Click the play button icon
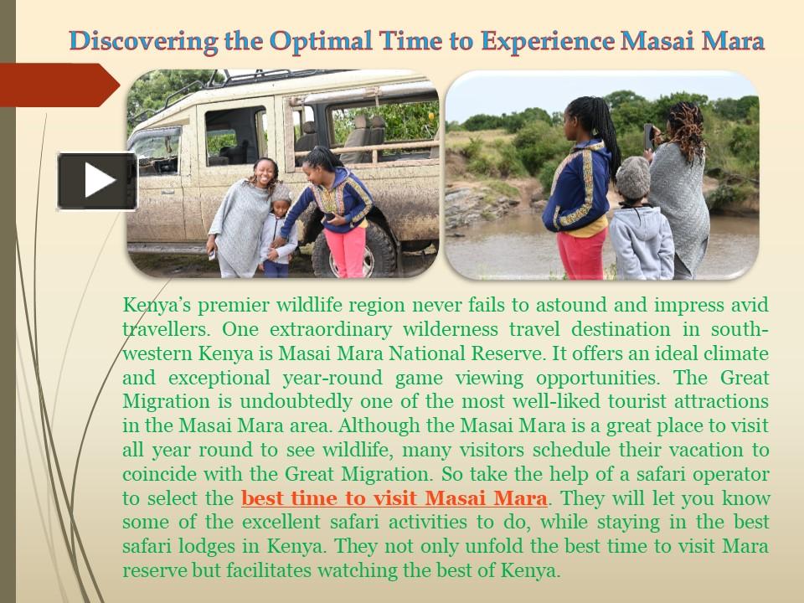coord(97,181)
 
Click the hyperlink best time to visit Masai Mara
coord(394,499)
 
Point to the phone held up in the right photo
coord(647,135)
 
